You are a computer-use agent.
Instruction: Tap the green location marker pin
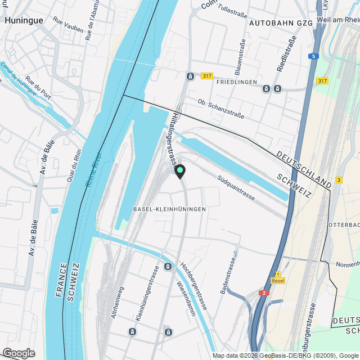[x=180, y=170]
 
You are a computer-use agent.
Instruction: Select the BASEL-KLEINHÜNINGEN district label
[x=169, y=209]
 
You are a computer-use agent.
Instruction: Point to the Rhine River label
[x=92, y=169]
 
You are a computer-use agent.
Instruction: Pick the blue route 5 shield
[x=313, y=56]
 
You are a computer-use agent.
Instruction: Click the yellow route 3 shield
[x=339, y=179]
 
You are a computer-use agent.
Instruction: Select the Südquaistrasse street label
[x=236, y=188]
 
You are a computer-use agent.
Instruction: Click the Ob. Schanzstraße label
[x=221, y=109]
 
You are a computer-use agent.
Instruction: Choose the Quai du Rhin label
[x=78, y=163]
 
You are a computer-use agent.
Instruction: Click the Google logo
[x=18, y=353]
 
